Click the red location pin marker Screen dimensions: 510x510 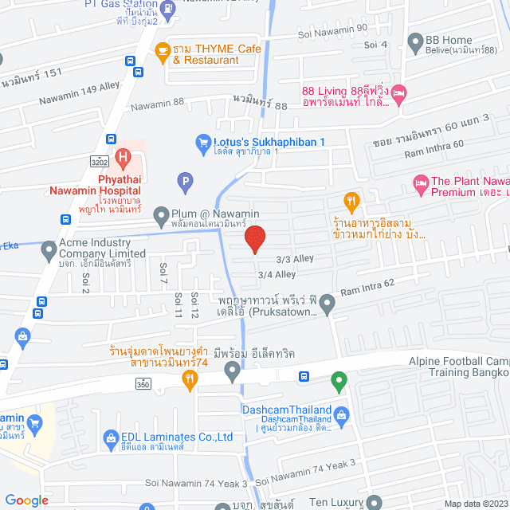254,239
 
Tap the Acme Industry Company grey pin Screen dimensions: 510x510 50,248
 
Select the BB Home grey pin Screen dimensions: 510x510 414,41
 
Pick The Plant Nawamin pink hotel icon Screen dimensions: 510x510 420,185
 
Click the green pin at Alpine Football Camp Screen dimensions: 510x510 339,382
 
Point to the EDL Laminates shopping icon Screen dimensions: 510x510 110,437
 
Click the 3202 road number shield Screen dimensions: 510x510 99,161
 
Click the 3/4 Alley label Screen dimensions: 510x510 277,274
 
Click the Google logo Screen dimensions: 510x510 27,500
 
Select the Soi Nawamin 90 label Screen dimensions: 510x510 335,29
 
